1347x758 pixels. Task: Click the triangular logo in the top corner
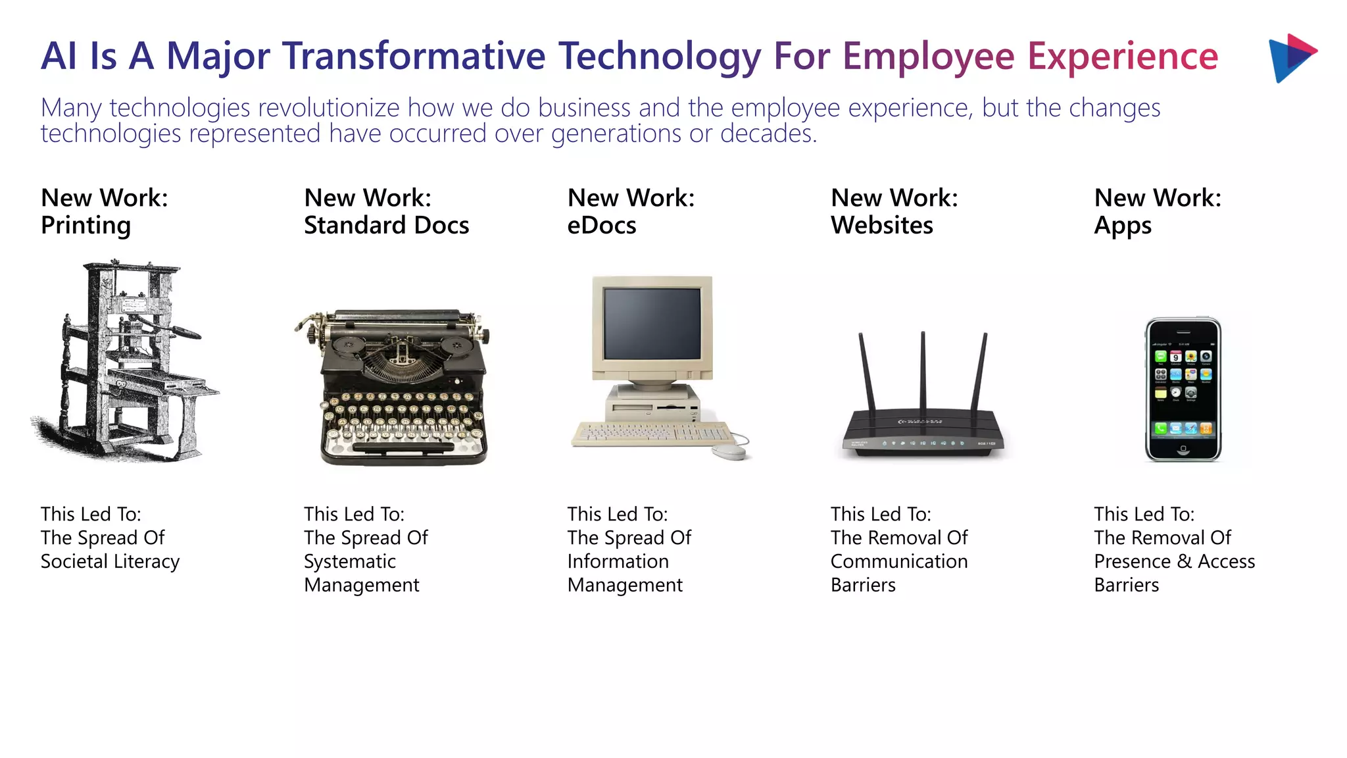pyautogui.click(x=1290, y=58)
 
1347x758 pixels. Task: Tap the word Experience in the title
pyautogui.click(x=1122, y=56)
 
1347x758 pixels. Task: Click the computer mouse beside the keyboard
pyautogui.click(x=729, y=451)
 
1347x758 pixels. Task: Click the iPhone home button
pyautogui.click(x=1183, y=449)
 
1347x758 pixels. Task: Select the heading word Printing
pyautogui.click(x=86, y=226)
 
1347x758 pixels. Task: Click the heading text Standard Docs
pyautogui.click(x=386, y=226)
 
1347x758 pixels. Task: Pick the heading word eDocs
pyautogui.click(x=601, y=226)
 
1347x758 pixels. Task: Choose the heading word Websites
pyautogui.click(x=881, y=226)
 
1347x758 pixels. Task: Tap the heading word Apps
pyautogui.click(x=1122, y=226)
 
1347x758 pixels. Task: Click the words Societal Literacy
pyautogui.click(x=110, y=561)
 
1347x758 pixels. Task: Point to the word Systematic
pyautogui.click(x=349, y=561)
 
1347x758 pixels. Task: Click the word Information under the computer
pyautogui.click(x=618, y=561)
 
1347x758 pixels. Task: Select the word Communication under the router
pyautogui.click(x=898, y=561)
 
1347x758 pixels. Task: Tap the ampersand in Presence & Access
pyautogui.click(x=1184, y=561)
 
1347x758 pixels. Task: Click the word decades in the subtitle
pyautogui.click(x=768, y=134)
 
